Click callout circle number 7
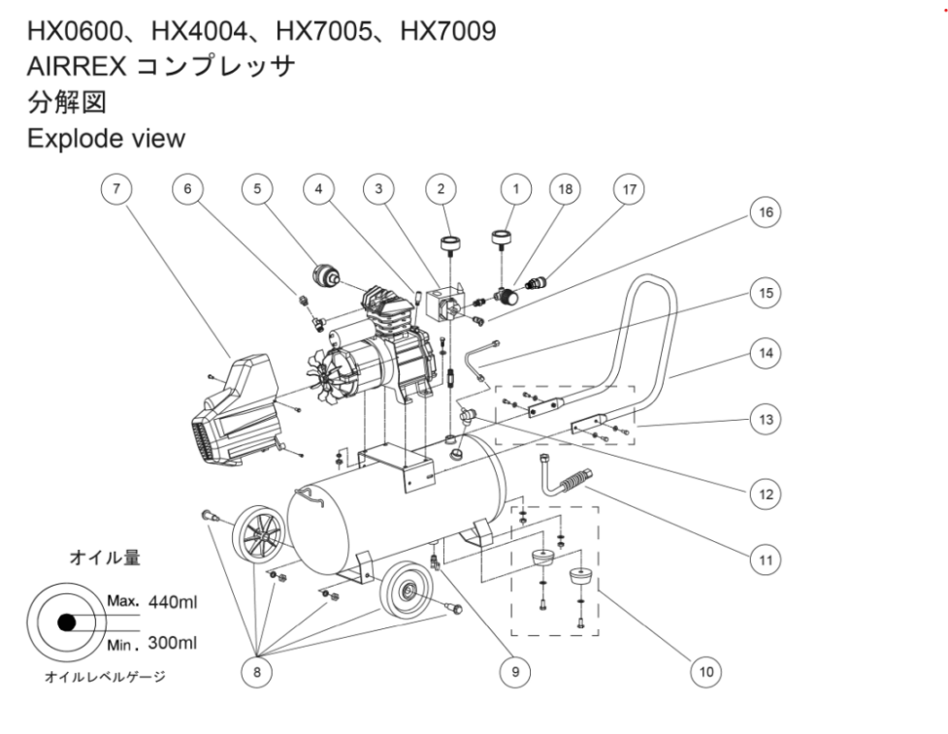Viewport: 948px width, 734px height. point(118,189)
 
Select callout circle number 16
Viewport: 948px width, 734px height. point(767,212)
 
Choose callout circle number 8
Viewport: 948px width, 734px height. point(257,669)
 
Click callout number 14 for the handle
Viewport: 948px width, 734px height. point(767,356)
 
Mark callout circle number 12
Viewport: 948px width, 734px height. point(767,495)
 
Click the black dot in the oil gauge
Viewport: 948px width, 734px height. point(65,623)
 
